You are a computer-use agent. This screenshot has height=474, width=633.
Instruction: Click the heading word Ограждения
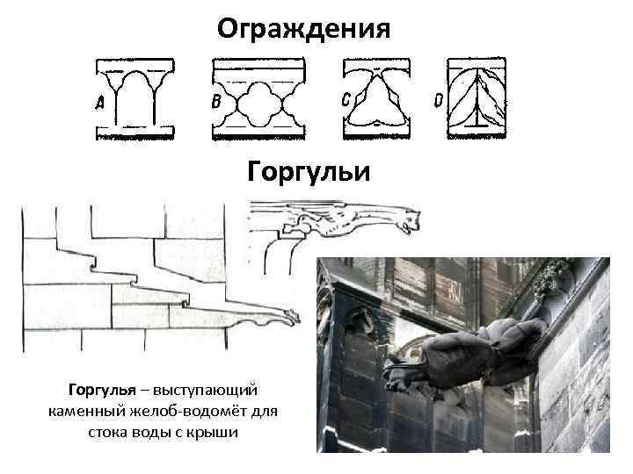303,29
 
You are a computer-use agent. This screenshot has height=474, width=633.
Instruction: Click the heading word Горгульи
309,171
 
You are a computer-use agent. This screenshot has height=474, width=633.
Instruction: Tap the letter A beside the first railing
100,104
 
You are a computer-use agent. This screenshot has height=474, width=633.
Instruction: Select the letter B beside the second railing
216,103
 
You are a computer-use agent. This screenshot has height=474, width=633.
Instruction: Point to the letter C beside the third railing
347,100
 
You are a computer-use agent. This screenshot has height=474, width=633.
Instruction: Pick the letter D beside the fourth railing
439,101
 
